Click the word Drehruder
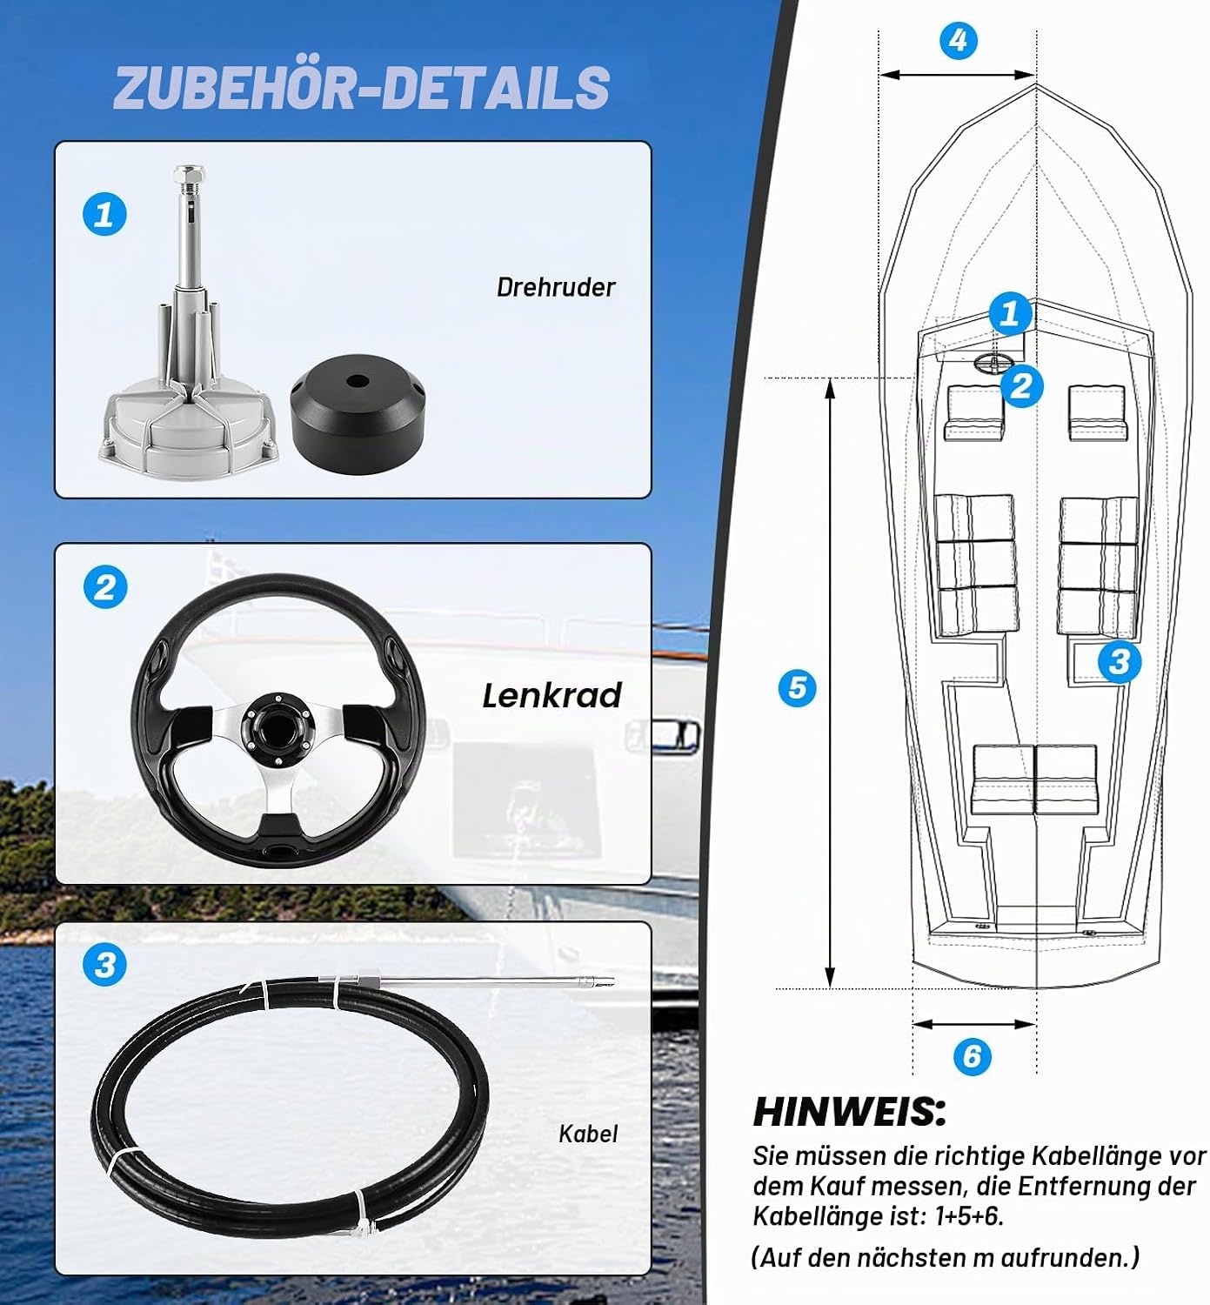555,287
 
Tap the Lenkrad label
552,696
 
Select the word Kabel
588,1134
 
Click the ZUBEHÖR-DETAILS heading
362,87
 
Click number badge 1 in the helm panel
104,214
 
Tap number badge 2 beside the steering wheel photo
105,586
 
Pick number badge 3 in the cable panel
104,965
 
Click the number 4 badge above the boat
959,41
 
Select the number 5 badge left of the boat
798,688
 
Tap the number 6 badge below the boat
972,1056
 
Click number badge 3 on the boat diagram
1120,662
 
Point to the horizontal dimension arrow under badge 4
958,75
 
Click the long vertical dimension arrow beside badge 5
830,683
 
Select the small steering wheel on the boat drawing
993,360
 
